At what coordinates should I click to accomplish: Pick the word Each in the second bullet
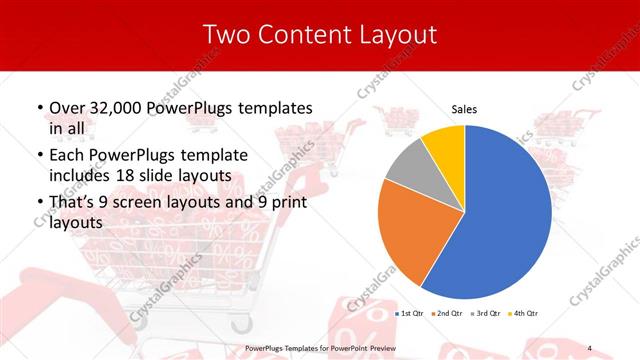(x=69, y=156)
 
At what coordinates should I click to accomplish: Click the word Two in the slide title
(x=224, y=35)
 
